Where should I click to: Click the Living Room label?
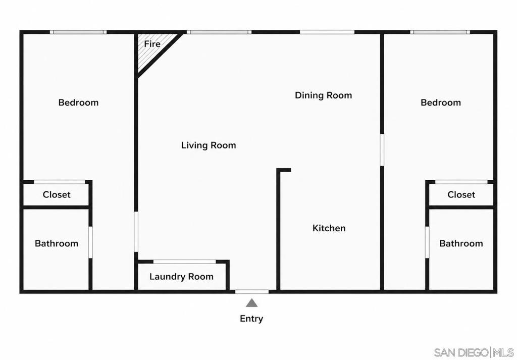(x=209, y=145)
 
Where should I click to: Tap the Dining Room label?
(x=323, y=95)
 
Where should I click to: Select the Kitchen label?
(x=329, y=228)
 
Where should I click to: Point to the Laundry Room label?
(x=181, y=277)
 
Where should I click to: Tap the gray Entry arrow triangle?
(x=251, y=303)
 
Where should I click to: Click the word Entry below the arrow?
(x=251, y=319)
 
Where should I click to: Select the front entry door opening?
(x=251, y=292)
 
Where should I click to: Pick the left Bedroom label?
(x=78, y=102)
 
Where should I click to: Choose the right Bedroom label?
(x=440, y=102)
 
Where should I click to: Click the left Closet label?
(x=57, y=194)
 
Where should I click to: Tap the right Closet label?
(x=461, y=194)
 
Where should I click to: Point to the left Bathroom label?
(x=57, y=244)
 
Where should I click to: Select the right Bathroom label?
(x=461, y=244)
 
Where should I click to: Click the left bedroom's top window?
(x=78, y=32)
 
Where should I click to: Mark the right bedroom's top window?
(x=440, y=32)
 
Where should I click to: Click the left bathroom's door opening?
(x=90, y=242)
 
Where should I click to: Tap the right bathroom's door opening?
(x=427, y=242)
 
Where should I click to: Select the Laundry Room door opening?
(x=185, y=262)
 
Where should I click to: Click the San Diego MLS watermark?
(x=474, y=352)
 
